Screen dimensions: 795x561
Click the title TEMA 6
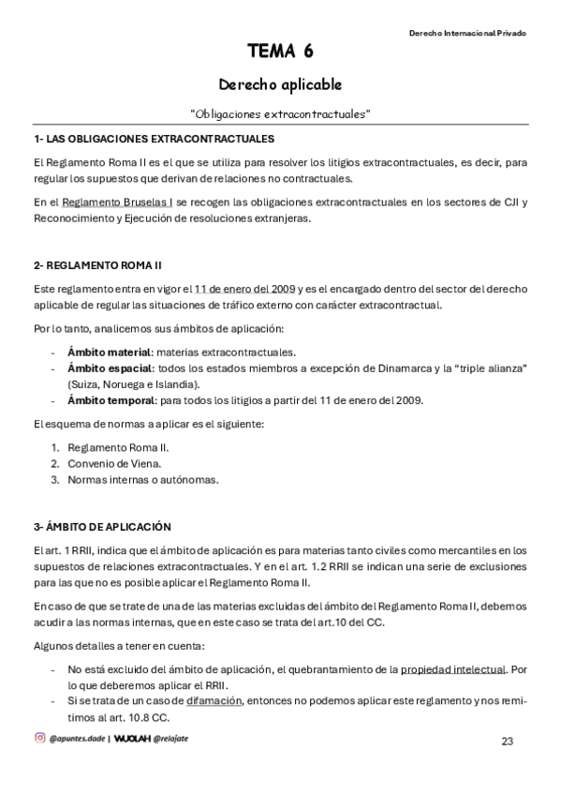coord(280,51)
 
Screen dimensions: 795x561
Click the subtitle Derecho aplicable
coord(280,84)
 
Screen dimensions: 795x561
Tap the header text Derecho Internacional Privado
coord(467,33)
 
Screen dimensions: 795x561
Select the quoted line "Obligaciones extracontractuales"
coord(280,113)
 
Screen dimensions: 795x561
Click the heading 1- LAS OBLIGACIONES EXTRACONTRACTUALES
coord(153,139)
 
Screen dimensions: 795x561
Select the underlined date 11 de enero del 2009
coord(245,288)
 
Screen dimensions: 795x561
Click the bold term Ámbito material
coord(109,352)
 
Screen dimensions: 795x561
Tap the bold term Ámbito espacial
coord(109,368)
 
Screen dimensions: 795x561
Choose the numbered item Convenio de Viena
coord(114,463)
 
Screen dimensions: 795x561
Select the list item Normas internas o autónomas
coord(142,479)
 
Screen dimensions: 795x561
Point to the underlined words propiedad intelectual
coord(453,668)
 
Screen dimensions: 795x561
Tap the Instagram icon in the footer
coord(39,738)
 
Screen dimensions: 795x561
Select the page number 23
coord(508,742)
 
